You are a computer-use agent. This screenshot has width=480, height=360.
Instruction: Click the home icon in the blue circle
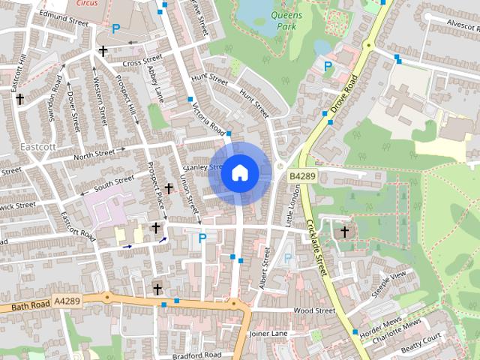(239, 172)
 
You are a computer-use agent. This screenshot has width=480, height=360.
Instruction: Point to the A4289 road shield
(67, 301)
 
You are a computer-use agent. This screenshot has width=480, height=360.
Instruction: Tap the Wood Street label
(314, 310)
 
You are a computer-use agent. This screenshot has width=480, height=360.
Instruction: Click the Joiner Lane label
(268, 333)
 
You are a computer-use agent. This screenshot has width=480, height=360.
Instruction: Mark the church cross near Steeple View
(345, 232)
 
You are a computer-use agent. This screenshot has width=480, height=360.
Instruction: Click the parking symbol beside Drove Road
(327, 67)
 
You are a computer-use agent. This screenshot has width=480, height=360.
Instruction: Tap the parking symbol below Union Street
(202, 238)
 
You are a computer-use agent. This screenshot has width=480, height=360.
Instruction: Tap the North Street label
(94, 153)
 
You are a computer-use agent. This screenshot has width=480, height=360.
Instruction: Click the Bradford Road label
(196, 354)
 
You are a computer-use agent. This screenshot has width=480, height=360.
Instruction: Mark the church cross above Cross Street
(103, 51)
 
